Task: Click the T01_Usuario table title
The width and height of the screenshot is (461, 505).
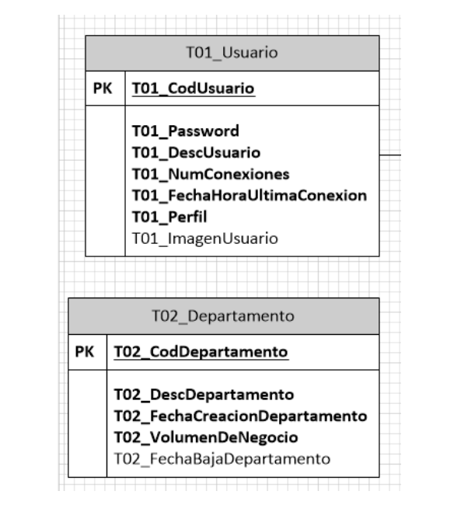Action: point(232,53)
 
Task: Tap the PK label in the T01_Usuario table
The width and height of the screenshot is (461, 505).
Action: point(103,89)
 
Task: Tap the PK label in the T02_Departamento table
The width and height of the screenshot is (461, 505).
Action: point(85,352)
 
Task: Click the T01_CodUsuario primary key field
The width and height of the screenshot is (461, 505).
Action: point(193,89)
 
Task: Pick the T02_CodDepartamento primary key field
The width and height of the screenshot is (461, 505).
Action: point(201,352)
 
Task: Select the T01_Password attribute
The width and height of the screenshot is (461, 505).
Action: point(185,131)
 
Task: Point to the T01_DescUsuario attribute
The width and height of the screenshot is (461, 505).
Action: point(196,152)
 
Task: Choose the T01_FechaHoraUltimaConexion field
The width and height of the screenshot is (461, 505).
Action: point(249,196)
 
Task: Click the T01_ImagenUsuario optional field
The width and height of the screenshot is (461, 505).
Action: point(204,238)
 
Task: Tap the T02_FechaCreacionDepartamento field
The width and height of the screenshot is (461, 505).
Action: point(239,416)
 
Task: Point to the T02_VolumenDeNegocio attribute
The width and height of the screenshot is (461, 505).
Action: point(205,437)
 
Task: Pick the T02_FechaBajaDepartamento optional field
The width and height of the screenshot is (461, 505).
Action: point(222,458)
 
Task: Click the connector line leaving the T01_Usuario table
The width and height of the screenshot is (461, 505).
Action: point(390,155)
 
